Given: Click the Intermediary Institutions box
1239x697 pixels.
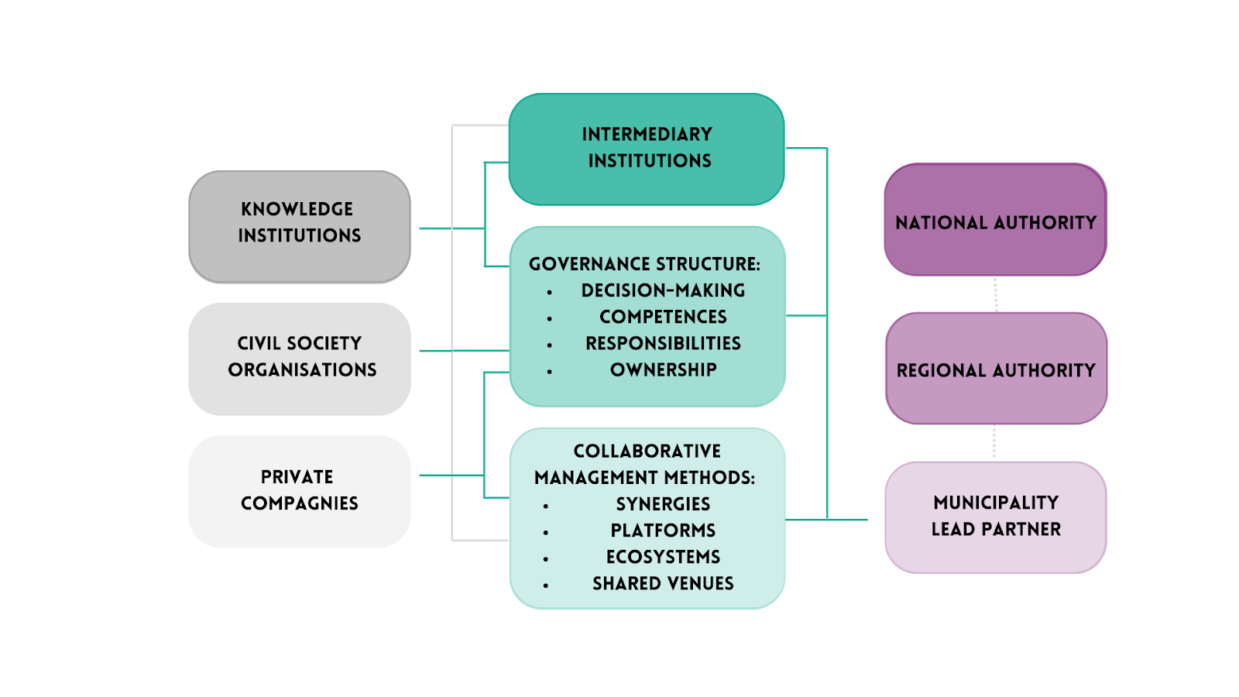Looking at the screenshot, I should [x=647, y=149].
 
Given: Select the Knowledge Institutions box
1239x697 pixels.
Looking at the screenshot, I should [x=300, y=226].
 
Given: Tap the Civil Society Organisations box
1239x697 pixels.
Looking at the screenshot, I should [x=300, y=359].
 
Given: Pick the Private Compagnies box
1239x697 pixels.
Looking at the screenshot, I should [x=300, y=491].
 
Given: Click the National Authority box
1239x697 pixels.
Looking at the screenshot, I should [x=995, y=220].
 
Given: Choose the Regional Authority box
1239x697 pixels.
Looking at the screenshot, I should [x=996, y=369].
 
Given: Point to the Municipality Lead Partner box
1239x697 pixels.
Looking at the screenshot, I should [x=996, y=517].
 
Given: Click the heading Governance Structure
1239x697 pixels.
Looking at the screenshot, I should [x=644, y=264].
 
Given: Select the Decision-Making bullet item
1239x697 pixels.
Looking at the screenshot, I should [x=663, y=290].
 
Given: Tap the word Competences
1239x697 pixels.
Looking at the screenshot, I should [x=663, y=317].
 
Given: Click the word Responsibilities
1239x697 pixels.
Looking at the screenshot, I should [x=663, y=343].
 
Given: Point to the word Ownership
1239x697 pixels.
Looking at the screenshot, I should [x=663, y=369].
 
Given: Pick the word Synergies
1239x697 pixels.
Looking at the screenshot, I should [x=663, y=504].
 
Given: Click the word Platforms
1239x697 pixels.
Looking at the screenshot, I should [x=663, y=530].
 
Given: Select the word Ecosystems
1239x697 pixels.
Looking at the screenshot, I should [x=663, y=557].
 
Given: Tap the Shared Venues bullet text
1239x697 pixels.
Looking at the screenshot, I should [x=663, y=583].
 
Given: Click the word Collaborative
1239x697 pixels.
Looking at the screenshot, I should [x=647, y=451].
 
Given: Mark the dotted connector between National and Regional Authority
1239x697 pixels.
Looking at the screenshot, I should [x=996, y=294].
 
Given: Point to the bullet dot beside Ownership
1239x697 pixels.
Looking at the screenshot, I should [x=550, y=372].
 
